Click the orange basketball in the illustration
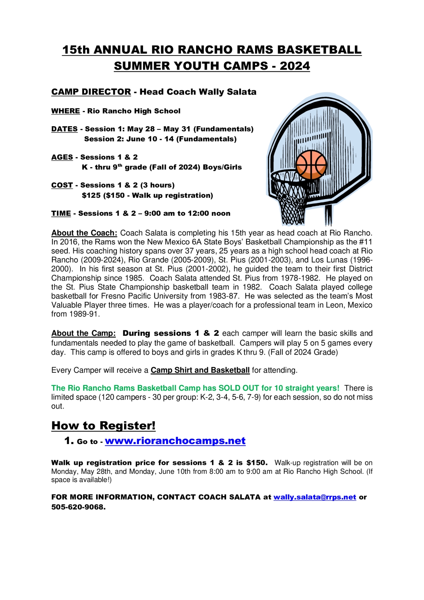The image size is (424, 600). click(x=311, y=164)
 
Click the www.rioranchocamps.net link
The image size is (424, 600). click(x=175, y=441)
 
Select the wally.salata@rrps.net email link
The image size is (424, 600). click(x=314, y=497)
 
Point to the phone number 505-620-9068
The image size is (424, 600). click(x=78, y=507)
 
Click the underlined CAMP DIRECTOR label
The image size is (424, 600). click(x=91, y=92)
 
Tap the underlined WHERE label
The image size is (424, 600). click(x=65, y=111)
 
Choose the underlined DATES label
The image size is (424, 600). click(x=64, y=129)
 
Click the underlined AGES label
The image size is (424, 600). click(x=62, y=157)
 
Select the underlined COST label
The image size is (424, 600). click(x=62, y=185)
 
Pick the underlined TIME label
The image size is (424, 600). click(x=61, y=214)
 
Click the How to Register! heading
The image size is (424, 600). click(x=104, y=425)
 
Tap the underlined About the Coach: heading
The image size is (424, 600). click(x=84, y=233)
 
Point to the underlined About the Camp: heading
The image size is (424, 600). click(x=83, y=333)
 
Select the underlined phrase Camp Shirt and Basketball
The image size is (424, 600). click(x=200, y=370)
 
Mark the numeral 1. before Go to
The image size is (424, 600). click(x=69, y=441)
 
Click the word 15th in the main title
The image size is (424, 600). click(x=76, y=50)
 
